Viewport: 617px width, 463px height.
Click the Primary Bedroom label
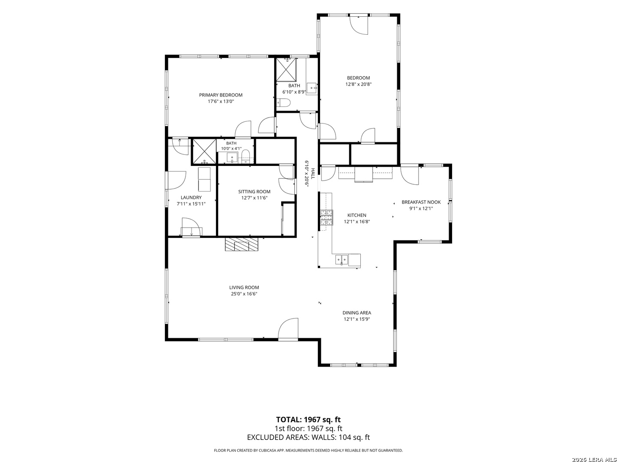pyautogui.click(x=221, y=95)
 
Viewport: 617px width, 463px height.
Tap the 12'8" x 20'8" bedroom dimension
pyautogui.click(x=358, y=84)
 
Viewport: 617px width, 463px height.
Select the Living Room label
pyautogui.click(x=244, y=287)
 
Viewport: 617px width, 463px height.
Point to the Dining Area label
pyautogui.click(x=357, y=313)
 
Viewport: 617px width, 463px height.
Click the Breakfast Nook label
pyautogui.click(x=421, y=202)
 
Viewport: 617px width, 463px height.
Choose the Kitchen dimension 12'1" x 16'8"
pyautogui.click(x=357, y=222)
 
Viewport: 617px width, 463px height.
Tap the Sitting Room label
pyautogui.click(x=255, y=192)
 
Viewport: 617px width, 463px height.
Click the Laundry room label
pyautogui.click(x=191, y=198)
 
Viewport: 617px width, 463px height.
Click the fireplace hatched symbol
pyautogui.click(x=242, y=244)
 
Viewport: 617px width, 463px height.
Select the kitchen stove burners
pyautogui.click(x=326, y=218)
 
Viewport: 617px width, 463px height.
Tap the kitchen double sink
pyautogui.click(x=341, y=260)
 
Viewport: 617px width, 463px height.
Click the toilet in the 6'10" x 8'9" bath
pyautogui.click(x=283, y=103)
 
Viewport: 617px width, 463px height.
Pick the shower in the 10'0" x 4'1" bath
pyautogui.click(x=204, y=151)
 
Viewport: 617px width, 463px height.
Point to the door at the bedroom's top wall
pyautogui.click(x=359, y=25)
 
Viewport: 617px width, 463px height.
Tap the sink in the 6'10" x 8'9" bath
pyautogui.click(x=312, y=88)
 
